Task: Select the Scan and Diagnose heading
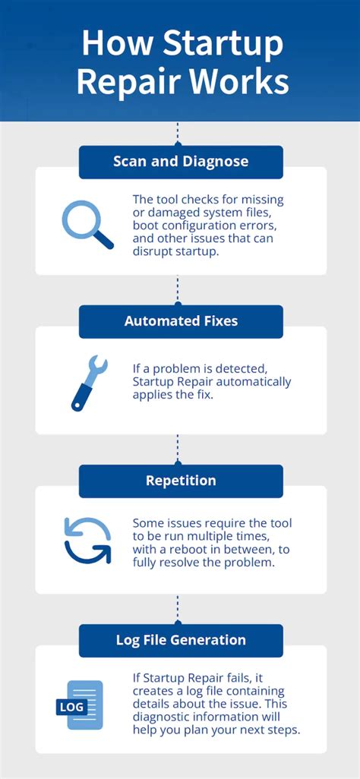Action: point(181,162)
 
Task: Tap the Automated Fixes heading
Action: point(181,321)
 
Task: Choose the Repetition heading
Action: point(181,481)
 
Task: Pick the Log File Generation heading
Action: point(181,640)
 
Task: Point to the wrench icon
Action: point(89,383)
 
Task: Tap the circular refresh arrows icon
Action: point(87,540)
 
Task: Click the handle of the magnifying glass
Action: point(104,241)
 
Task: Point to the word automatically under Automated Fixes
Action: point(254,381)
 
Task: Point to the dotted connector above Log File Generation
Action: point(177,609)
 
